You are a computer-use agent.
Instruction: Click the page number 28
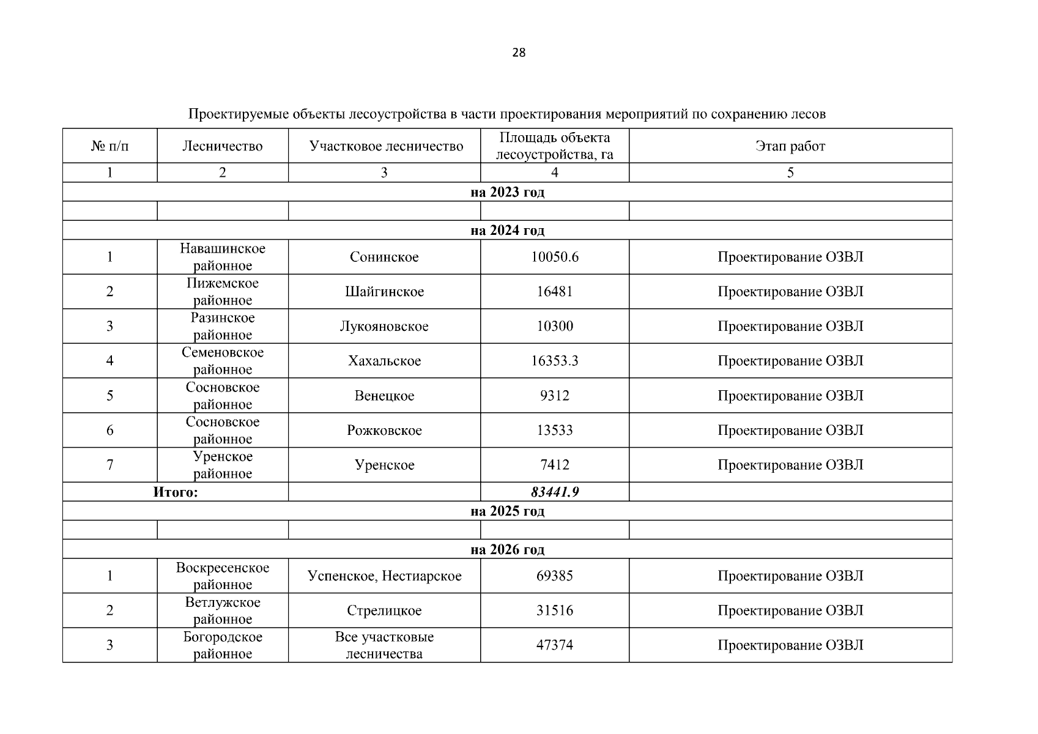coord(518,53)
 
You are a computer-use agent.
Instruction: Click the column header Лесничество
coord(222,146)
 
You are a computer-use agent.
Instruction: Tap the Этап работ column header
coord(790,146)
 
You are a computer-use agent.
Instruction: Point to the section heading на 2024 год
coord(507,231)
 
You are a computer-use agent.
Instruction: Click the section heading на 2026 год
coord(507,549)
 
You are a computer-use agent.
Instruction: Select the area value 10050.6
coord(554,257)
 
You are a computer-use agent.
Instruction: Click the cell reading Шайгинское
coord(384,292)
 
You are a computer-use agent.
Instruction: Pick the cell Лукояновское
coord(384,326)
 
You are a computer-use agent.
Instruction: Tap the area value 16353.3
coord(554,361)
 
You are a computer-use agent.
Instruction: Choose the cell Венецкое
coord(384,396)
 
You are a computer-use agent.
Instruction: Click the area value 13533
coord(554,431)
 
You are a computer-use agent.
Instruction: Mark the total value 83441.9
coord(554,492)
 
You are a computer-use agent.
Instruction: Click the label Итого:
coord(176,492)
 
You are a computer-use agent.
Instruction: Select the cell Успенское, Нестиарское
coord(384,576)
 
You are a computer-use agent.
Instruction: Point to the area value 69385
coord(554,576)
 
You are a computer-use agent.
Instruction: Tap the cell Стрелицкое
coord(384,610)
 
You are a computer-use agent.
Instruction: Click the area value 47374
coord(554,645)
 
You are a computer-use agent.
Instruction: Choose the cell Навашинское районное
coord(223,257)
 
